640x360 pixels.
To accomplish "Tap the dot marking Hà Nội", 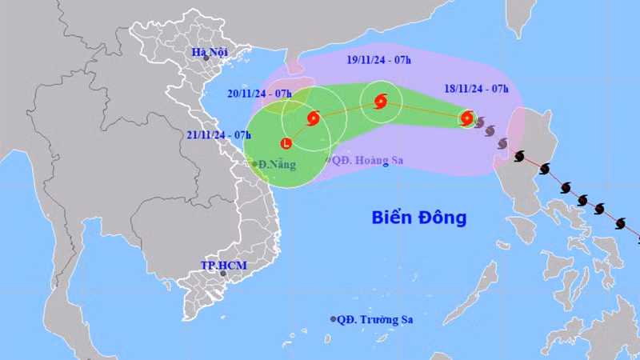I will coord(206,58).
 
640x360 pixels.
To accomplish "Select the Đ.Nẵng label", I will coord(278,165).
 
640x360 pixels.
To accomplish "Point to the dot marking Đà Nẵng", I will coord(255,164).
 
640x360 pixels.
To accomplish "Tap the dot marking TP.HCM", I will coord(223,274).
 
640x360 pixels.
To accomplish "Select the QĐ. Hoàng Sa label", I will coord(369,160).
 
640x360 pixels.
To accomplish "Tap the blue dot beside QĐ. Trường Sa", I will coord(333,319).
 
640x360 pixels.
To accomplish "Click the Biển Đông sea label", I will coord(419,217).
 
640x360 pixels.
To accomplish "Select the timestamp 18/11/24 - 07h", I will coord(477,89).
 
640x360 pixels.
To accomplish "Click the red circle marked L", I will coord(286,144).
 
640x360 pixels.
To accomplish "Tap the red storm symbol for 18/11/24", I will coord(466,118).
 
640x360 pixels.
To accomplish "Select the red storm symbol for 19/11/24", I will coord(379,102).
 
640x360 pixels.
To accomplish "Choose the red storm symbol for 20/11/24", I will coord(313,119).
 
